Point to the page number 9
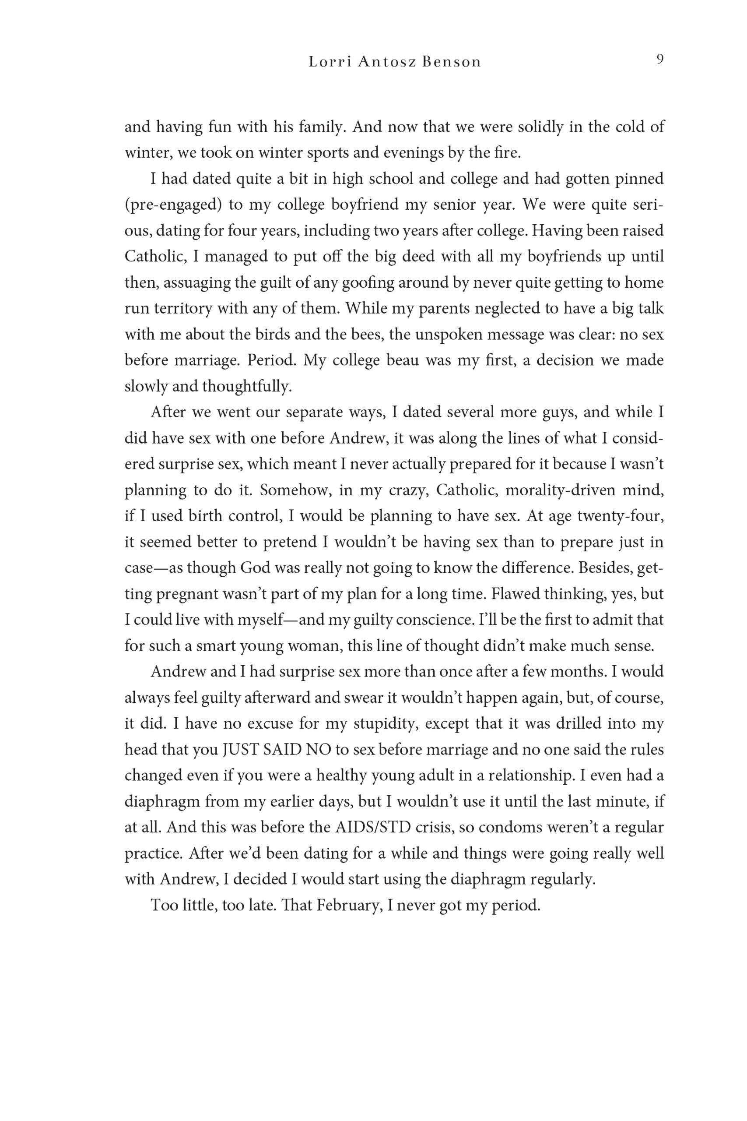tap(660, 60)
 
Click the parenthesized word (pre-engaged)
tap(173, 205)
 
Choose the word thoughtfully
tap(246, 387)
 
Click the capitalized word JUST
tap(241, 750)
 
